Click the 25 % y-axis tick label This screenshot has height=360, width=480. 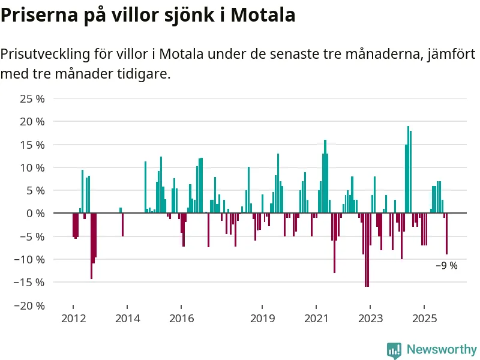[32, 98]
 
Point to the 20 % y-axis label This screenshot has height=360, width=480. [32, 122]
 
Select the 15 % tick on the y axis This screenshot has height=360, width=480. [32, 145]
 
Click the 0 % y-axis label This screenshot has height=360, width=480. [35, 213]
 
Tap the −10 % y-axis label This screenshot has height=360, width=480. [30, 259]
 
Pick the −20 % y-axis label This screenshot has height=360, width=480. [30, 305]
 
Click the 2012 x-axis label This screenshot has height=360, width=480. [73, 317]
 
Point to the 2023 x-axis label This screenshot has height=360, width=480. [370, 317]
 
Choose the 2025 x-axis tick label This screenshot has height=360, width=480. [424, 317]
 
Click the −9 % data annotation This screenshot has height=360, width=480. [446, 266]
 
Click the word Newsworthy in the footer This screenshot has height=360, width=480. [442, 349]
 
